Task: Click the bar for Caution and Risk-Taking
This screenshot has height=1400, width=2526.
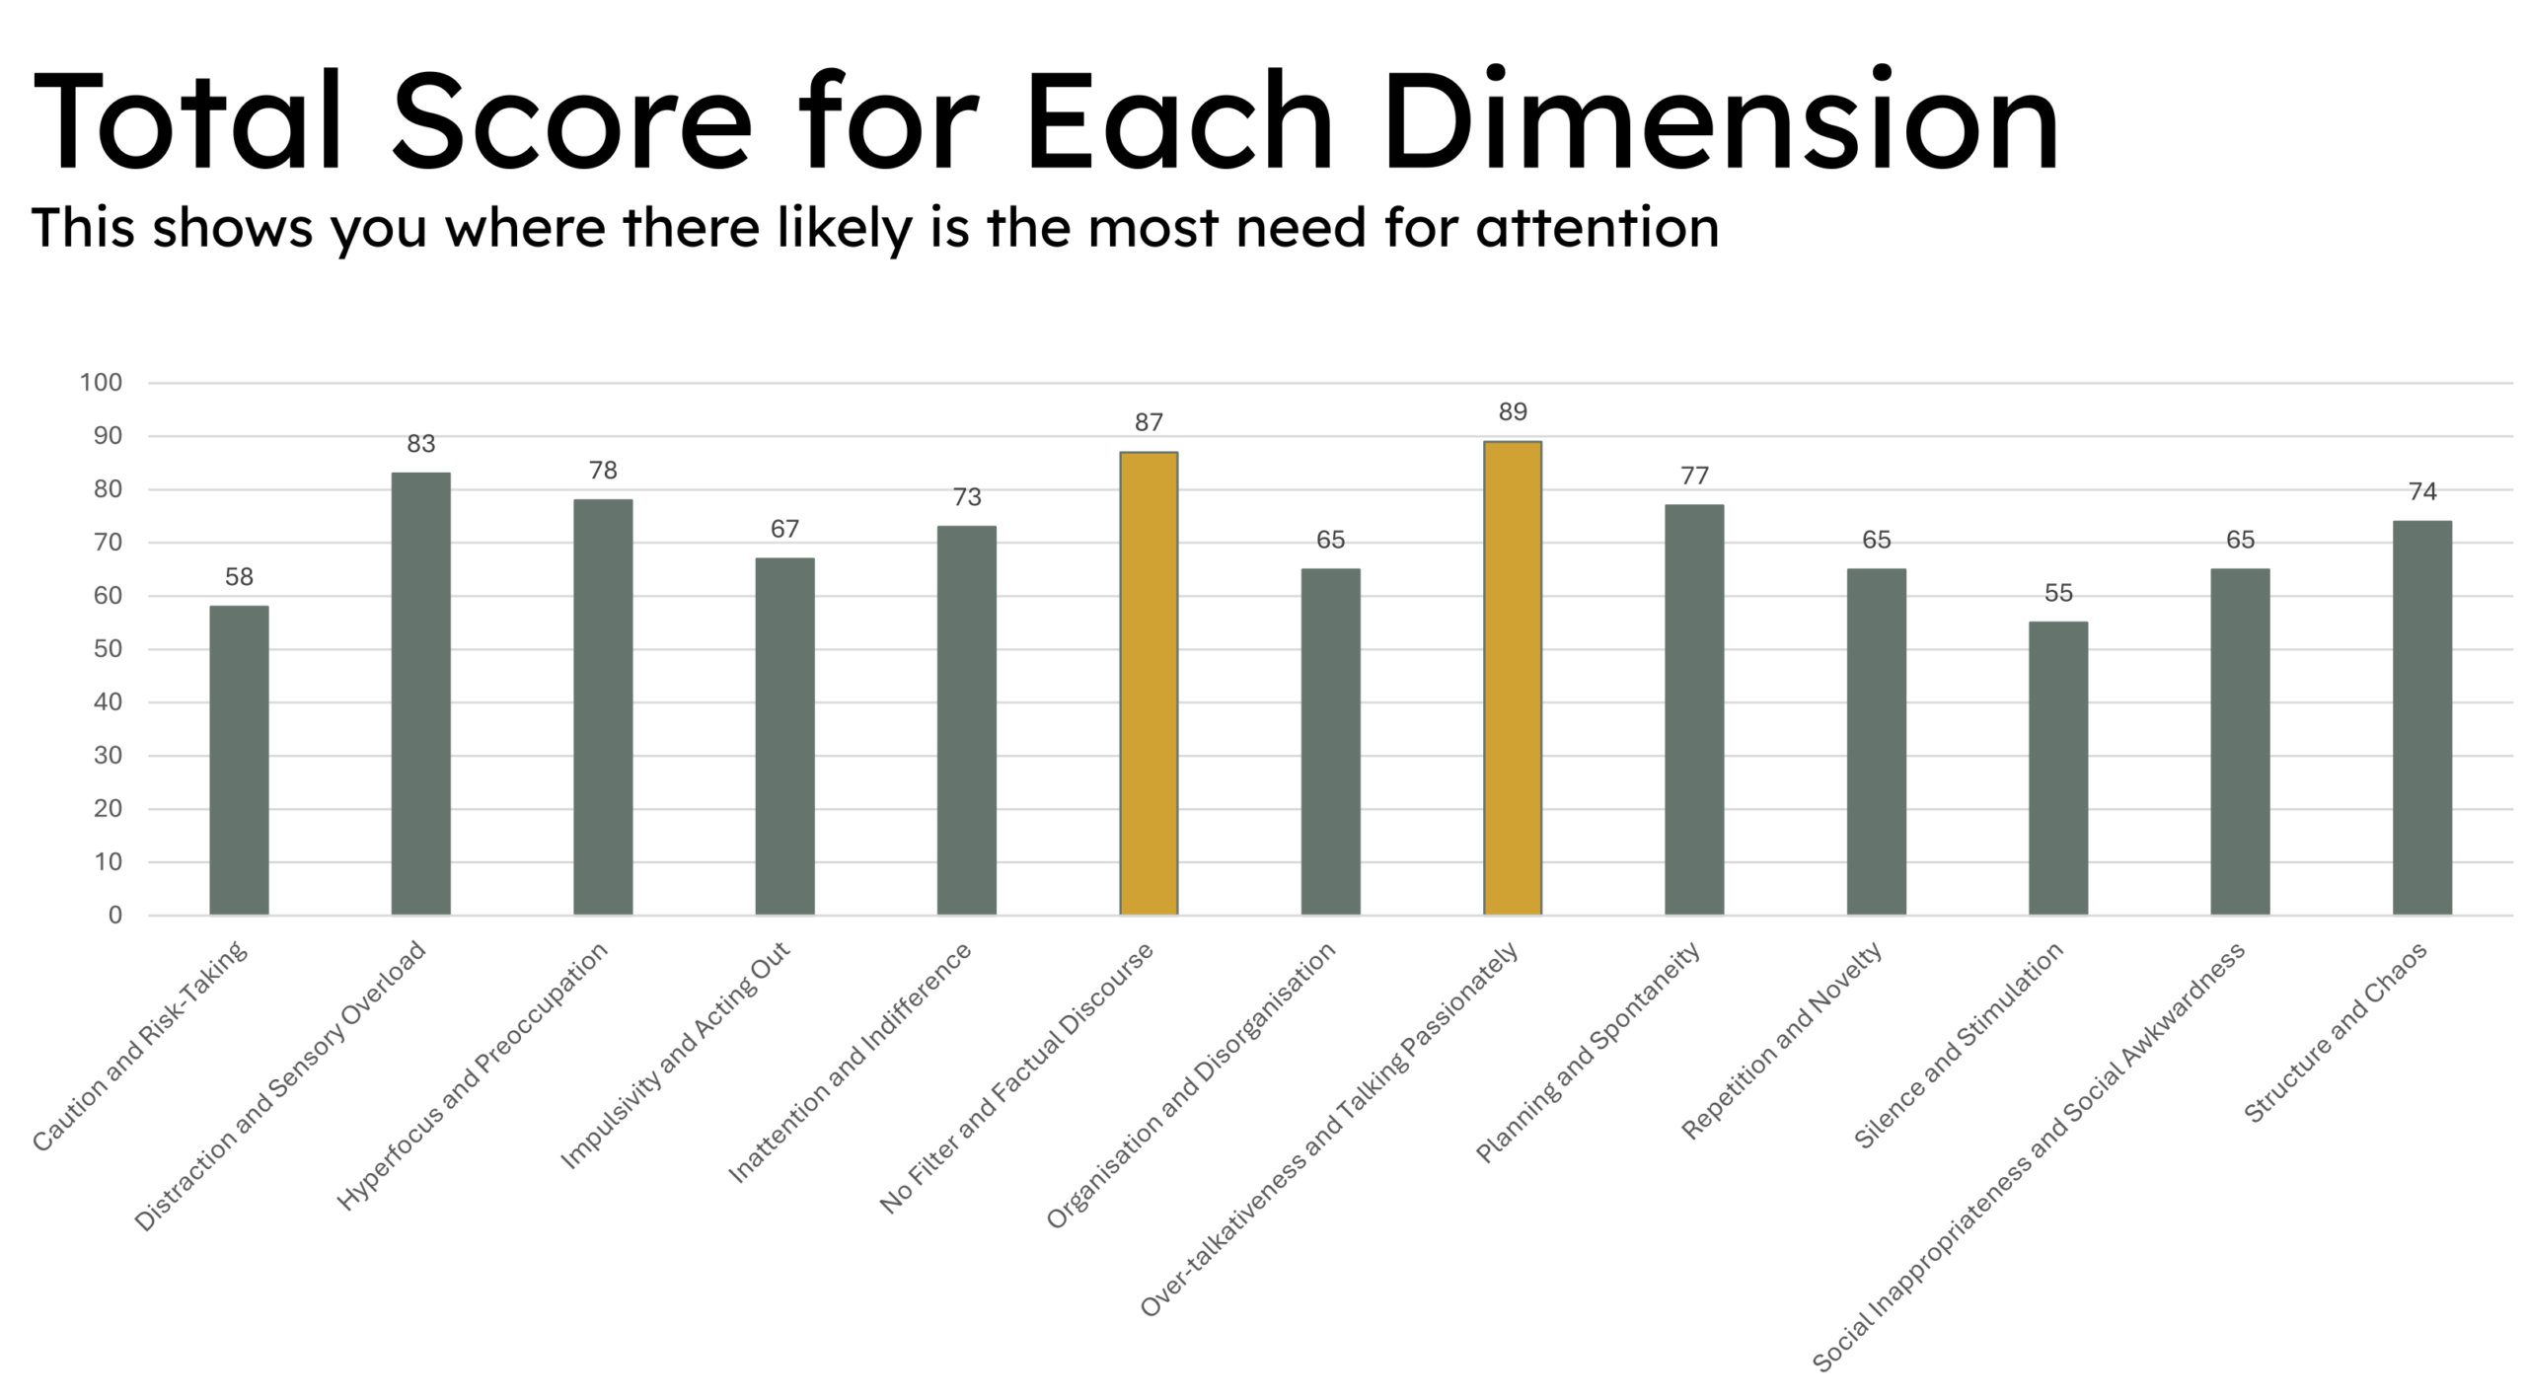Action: pyautogui.click(x=239, y=760)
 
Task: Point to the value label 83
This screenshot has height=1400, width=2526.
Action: pyautogui.click(x=421, y=444)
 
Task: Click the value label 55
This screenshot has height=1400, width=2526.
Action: pyautogui.click(x=2058, y=593)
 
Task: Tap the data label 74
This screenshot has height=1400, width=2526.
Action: pyautogui.click(x=2422, y=491)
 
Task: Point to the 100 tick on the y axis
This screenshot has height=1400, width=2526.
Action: pyautogui.click(x=101, y=383)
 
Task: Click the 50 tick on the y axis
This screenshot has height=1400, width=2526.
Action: pyautogui.click(x=108, y=649)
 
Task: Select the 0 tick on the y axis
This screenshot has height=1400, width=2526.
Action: pyautogui.click(x=115, y=916)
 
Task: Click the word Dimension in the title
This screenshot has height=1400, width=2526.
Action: pyautogui.click(x=1720, y=123)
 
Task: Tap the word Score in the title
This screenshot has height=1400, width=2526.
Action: pyautogui.click(x=571, y=123)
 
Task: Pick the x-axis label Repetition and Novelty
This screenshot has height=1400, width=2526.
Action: pyautogui.click(x=1782, y=1040)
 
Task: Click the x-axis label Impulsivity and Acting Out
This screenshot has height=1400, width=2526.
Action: pyautogui.click(x=676, y=1055)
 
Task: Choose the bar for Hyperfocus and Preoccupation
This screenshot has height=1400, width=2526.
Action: pyautogui.click(x=603, y=706)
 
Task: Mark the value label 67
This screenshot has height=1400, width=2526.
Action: pyautogui.click(x=784, y=529)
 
